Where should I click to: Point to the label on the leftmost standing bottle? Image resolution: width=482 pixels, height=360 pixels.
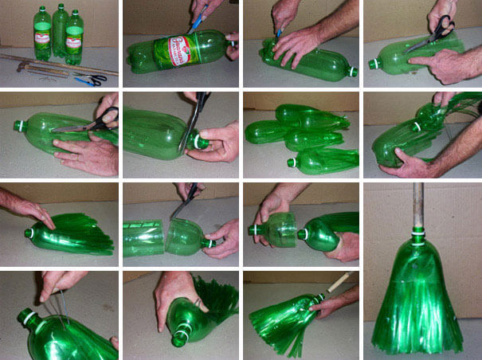(x=42, y=36)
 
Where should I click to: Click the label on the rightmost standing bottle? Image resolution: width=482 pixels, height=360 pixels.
(x=74, y=36)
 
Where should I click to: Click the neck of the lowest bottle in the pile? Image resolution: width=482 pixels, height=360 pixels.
(x=292, y=162)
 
